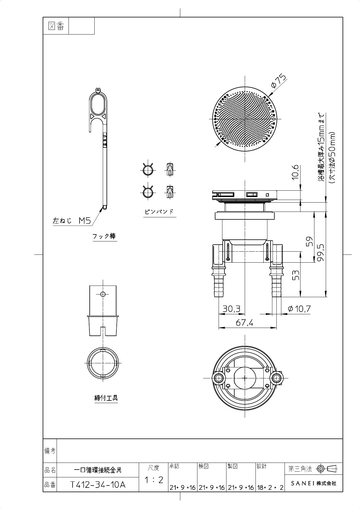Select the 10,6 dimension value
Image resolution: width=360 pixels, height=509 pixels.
(295, 172)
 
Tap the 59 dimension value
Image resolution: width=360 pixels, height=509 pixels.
(310, 241)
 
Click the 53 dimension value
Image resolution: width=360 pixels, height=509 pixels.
(295, 275)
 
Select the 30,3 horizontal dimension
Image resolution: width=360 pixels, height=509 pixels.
(231, 309)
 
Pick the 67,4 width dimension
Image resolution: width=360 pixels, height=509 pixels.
(244, 322)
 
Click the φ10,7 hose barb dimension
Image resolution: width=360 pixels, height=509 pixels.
(299, 309)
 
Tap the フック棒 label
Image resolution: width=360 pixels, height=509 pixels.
(104, 236)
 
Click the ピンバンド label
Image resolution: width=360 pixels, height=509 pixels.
(159, 212)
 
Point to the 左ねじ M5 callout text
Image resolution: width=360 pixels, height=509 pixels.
(72, 221)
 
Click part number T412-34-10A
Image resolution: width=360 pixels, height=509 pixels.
(98, 485)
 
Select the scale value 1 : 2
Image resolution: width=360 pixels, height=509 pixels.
(154, 480)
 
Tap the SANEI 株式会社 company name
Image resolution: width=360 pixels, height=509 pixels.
(314, 483)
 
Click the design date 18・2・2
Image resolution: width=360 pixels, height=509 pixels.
(270, 488)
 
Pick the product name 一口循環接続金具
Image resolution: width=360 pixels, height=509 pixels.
(98, 470)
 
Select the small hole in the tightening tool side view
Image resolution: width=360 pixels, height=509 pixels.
(102, 294)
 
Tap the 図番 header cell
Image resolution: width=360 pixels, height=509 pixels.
(56, 26)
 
